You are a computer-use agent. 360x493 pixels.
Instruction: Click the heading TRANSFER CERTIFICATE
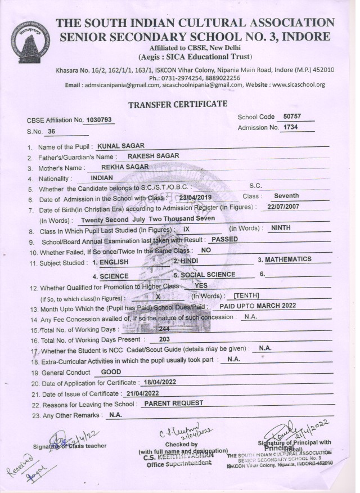click(x=178, y=104)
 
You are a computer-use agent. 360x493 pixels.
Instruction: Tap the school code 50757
click(x=292, y=116)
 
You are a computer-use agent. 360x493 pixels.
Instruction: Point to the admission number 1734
click(x=290, y=128)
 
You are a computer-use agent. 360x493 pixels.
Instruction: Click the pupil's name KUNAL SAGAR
click(x=121, y=146)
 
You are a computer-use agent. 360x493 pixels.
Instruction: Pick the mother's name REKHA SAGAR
click(x=125, y=167)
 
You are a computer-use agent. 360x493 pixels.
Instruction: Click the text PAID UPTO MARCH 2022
click(x=258, y=306)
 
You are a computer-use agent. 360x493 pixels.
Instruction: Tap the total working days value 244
click(x=164, y=328)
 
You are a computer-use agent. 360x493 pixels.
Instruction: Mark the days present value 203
click(x=165, y=339)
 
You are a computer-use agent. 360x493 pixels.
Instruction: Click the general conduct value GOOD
click(x=111, y=372)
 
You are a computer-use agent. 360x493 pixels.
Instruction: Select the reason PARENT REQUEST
click(x=173, y=404)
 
